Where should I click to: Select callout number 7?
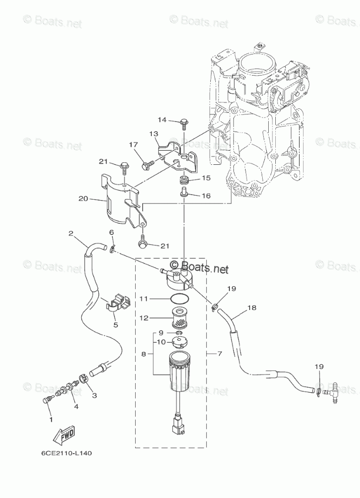220,353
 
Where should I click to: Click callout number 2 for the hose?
71,233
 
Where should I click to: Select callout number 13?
153,134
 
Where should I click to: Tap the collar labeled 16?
184,192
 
